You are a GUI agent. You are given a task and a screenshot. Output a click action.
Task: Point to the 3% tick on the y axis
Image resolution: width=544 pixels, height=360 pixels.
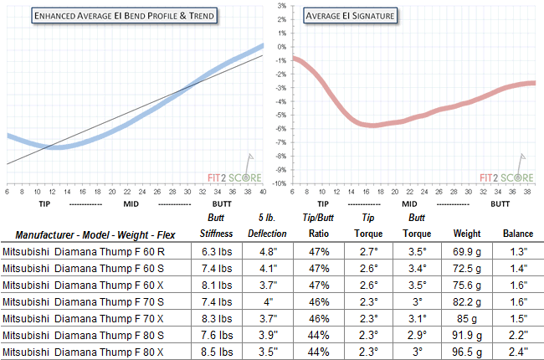pyautogui.click(x=283, y=6)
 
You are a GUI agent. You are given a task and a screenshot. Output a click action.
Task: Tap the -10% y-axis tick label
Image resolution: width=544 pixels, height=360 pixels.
pyautogui.click(x=280, y=183)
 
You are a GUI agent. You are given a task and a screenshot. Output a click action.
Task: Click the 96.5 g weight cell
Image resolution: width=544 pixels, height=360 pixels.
pyautogui.click(x=466, y=351)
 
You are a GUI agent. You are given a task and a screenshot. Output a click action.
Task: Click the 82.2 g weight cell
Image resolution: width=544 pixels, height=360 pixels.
pyautogui.click(x=466, y=301)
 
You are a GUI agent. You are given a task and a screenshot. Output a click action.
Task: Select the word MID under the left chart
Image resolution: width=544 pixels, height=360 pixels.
pyautogui.click(x=130, y=203)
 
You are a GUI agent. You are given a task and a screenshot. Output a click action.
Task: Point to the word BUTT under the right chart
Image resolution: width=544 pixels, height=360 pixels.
pyautogui.click(x=500, y=203)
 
